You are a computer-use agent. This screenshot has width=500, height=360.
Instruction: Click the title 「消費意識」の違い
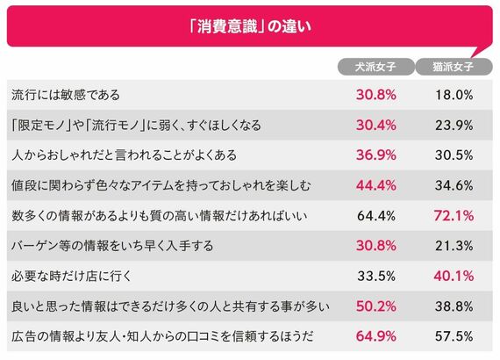(250, 26)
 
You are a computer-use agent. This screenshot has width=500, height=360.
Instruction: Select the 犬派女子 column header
(376, 67)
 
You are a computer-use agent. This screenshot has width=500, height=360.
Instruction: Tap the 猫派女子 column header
(454, 67)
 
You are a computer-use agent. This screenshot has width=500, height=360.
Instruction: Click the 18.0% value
(454, 95)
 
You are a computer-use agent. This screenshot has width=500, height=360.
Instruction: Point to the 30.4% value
(376, 125)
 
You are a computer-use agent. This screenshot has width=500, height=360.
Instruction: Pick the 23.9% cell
(454, 125)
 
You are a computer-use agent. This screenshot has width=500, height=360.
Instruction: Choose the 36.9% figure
(376, 155)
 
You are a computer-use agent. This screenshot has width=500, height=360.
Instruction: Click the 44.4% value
(376, 185)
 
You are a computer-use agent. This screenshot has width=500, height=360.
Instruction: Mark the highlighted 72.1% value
(454, 216)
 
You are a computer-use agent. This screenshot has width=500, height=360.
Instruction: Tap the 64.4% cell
(376, 216)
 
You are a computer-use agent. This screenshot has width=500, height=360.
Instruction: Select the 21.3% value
(454, 246)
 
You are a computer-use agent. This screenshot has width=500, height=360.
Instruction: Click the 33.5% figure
(376, 276)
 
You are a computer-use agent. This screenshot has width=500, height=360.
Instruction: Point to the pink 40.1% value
(454, 276)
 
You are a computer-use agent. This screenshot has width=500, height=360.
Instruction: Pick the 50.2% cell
(376, 306)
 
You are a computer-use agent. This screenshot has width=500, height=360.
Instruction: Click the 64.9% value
(376, 336)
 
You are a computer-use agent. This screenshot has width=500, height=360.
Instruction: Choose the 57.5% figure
(454, 336)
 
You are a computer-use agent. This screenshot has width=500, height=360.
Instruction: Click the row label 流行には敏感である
(66, 95)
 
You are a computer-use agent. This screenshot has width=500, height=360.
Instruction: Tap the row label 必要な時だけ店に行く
(71, 276)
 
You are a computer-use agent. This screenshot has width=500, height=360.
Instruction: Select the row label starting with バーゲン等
(112, 246)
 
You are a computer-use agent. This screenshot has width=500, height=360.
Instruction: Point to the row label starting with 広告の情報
(162, 336)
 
